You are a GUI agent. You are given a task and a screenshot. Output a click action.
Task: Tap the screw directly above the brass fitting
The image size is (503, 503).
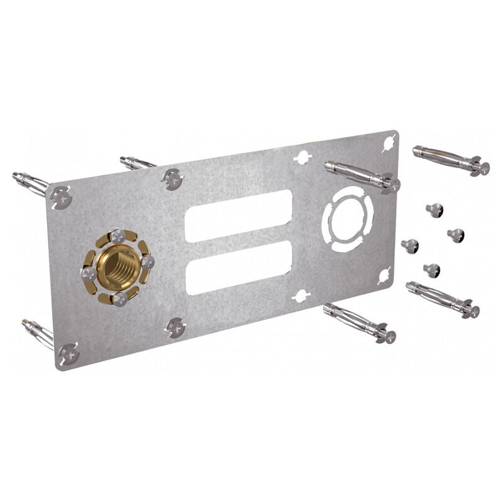click(117, 236)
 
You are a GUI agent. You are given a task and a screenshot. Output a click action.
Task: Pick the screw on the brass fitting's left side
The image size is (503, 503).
click(89, 274)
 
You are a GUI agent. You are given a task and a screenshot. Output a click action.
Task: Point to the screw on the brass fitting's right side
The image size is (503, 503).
click(147, 261)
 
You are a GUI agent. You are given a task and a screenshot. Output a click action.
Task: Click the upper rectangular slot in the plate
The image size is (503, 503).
click(239, 216)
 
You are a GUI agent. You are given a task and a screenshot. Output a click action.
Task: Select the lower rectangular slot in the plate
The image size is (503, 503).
click(239, 267)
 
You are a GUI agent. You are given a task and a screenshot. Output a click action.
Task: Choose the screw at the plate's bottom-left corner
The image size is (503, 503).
click(69, 354)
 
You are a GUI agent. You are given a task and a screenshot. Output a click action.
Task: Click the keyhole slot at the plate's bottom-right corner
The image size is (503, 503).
click(384, 275)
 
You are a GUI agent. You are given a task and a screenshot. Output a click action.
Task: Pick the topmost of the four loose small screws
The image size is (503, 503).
click(434, 210)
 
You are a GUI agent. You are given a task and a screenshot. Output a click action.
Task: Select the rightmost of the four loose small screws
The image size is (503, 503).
click(456, 235)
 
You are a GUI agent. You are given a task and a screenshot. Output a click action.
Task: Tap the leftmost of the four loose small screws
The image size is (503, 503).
click(411, 246)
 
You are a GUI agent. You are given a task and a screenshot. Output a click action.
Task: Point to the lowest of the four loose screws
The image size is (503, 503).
click(432, 270)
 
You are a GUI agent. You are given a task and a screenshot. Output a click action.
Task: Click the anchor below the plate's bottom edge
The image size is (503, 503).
click(360, 323)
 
